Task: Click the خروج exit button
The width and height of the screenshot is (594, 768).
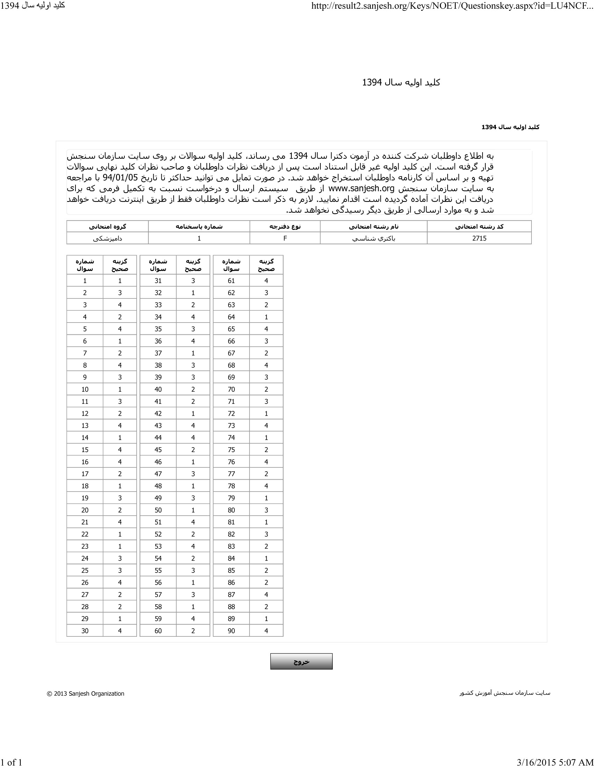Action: (301, 662)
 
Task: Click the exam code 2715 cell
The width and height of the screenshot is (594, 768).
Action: (479, 238)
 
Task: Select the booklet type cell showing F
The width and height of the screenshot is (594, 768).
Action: (285, 238)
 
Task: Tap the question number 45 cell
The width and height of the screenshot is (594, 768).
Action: (158, 450)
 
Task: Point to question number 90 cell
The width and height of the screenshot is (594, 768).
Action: (231, 631)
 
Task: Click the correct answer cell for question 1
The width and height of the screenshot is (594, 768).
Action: (119, 281)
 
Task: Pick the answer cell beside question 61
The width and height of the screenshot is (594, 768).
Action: (266, 281)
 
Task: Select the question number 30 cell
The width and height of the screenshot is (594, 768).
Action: (85, 631)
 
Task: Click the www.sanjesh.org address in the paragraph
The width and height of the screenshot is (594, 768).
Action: (361, 189)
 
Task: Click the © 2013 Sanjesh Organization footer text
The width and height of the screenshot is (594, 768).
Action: (86, 693)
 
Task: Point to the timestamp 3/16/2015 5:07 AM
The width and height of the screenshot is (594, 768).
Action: (555, 762)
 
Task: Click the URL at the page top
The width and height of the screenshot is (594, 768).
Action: (452, 6)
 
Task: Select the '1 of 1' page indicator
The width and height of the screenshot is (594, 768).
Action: (11, 762)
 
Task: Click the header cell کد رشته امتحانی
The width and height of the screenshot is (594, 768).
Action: (479, 227)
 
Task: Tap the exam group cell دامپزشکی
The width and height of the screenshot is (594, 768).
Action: (107, 238)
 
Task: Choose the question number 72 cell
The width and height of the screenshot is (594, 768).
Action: (231, 414)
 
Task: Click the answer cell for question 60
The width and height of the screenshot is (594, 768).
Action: (193, 631)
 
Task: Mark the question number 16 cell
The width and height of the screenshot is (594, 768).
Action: (85, 462)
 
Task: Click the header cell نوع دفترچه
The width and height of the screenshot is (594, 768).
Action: (285, 227)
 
